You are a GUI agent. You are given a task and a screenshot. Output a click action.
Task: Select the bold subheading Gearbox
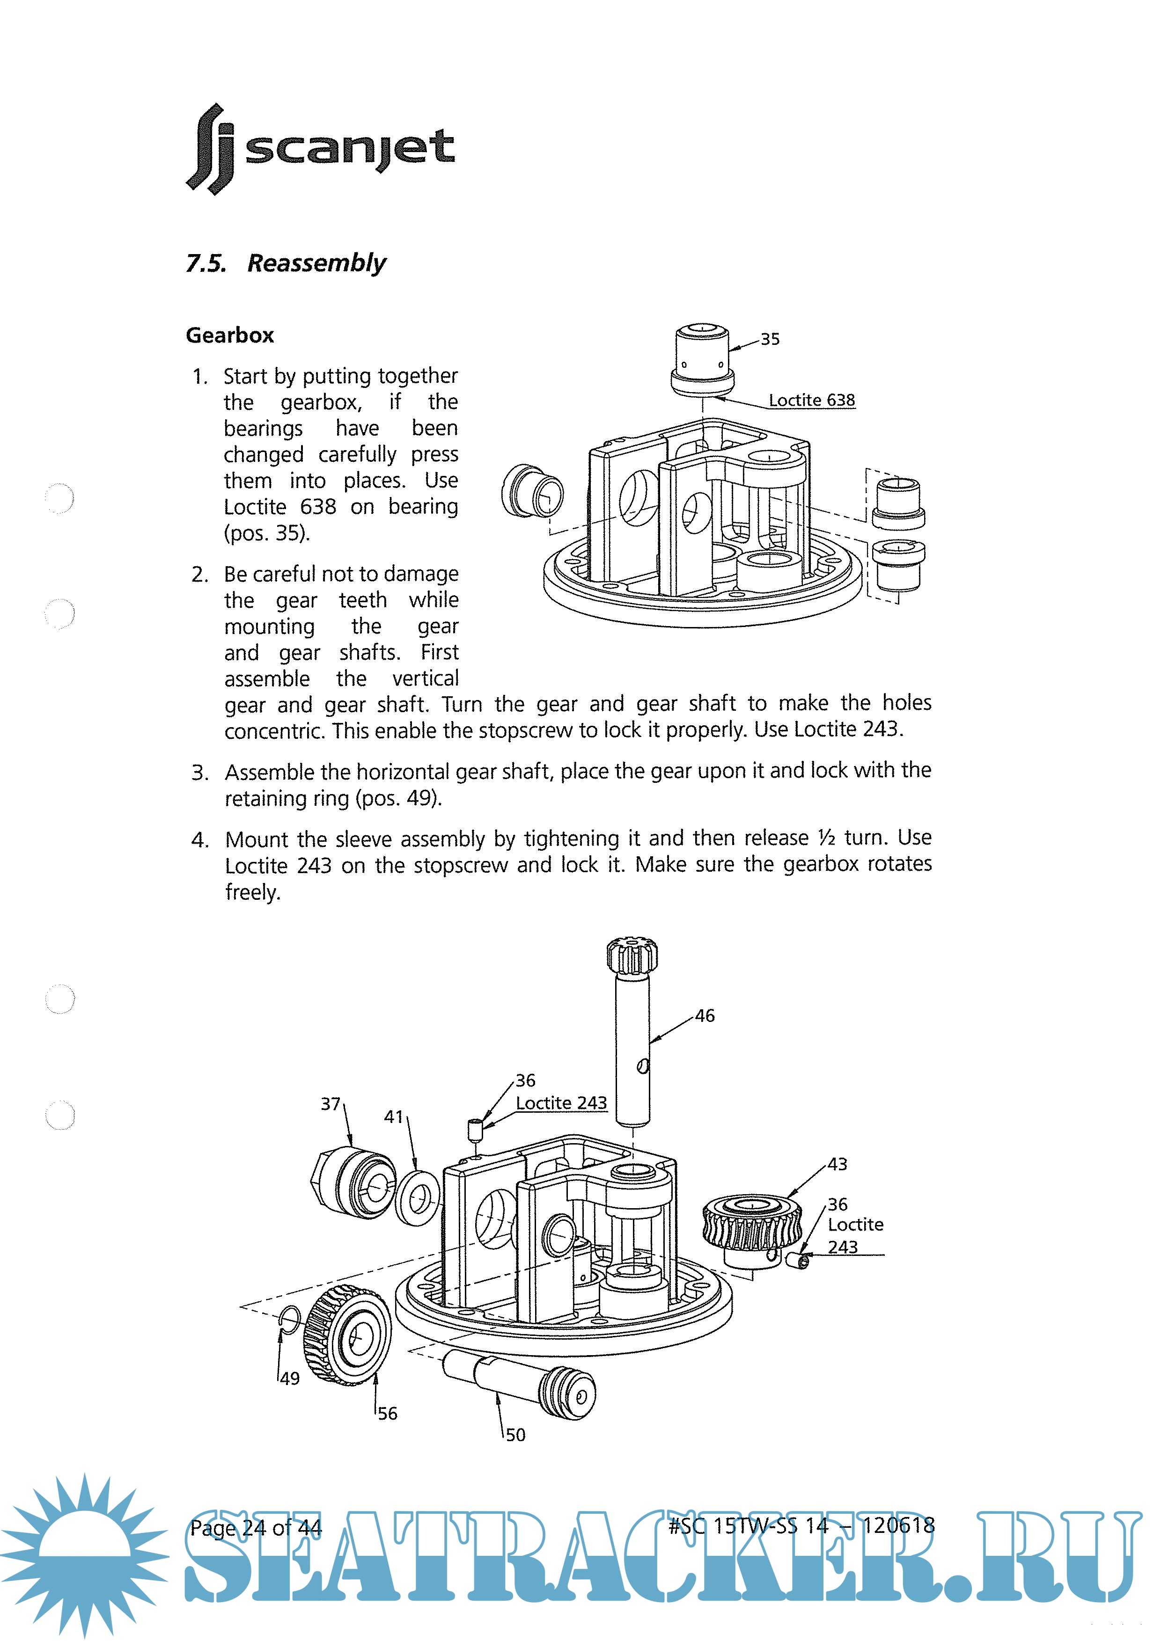(x=229, y=335)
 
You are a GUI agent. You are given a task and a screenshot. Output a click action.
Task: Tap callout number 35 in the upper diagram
(x=770, y=340)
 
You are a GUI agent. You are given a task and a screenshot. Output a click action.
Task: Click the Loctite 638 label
(x=811, y=400)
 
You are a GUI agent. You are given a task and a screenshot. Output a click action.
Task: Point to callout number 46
(x=704, y=1015)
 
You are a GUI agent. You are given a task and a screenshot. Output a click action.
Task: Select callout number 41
(x=394, y=1117)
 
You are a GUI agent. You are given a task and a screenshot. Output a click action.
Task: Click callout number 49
(x=289, y=1378)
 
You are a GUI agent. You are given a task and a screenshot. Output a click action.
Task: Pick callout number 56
(x=387, y=1414)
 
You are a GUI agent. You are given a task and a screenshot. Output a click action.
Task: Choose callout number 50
(x=515, y=1435)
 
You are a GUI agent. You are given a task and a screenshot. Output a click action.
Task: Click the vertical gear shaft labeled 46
(x=632, y=1050)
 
